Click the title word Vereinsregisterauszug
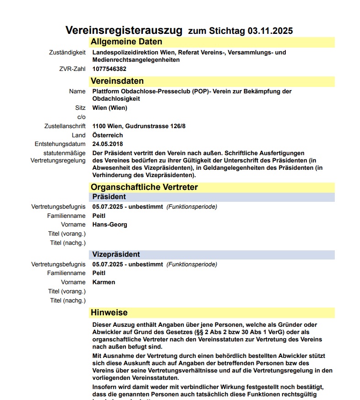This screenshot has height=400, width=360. pos(124,31)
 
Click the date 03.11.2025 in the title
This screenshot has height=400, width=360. pos(270,31)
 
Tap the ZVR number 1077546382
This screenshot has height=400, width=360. pos(109,69)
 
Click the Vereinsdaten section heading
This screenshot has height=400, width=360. pos(117,81)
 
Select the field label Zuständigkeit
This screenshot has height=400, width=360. pos(67,53)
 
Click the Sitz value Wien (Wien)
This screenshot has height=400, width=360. pos(110,108)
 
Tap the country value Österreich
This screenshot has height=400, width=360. pos(108,135)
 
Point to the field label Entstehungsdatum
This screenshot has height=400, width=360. pos(60,144)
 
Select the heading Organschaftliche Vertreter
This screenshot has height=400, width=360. pos(144,187)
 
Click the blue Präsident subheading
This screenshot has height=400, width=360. pos(109,197)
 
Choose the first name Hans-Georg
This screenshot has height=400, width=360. pos(110,225)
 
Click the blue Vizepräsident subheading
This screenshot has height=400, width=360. pos(116,254)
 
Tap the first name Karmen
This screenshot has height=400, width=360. pos(104,282)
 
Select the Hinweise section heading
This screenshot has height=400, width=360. pos(109,313)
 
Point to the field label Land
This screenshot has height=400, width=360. pos(79,135)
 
